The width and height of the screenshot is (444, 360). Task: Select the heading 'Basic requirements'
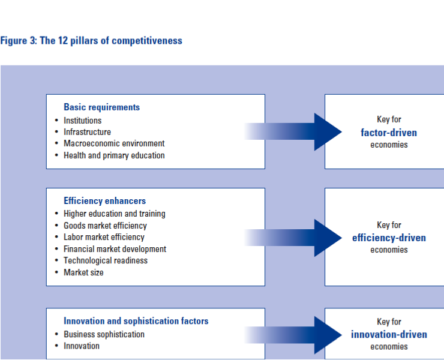pyautogui.click(x=101, y=107)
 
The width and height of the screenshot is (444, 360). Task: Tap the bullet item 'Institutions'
pyautogui.click(x=82, y=121)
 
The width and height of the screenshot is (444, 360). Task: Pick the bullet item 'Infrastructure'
pyautogui.click(x=87, y=132)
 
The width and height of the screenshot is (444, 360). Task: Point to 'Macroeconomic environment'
pyautogui.click(x=114, y=143)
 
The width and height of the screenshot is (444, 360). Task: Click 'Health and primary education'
pyautogui.click(x=114, y=155)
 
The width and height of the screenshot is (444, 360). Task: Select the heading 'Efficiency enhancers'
pyautogui.click(x=104, y=201)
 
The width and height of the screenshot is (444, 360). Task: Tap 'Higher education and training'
pyautogui.click(x=114, y=214)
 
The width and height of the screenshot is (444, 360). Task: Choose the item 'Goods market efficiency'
pyautogui.click(x=105, y=226)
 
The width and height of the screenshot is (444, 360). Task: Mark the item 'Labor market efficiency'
pyautogui.click(x=104, y=237)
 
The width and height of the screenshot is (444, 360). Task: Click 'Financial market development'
pyautogui.click(x=115, y=249)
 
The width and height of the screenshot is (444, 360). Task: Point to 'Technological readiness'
pyautogui.click(x=106, y=260)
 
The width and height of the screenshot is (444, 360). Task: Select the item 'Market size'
pyautogui.click(x=83, y=272)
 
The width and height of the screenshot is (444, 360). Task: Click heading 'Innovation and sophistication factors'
pyautogui.click(x=136, y=321)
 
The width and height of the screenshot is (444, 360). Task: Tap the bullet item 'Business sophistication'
pyautogui.click(x=104, y=334)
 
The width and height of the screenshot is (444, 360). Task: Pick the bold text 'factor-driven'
pyautogui.click(x=389, y=132)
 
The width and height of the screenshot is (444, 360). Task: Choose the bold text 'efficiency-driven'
pyautogui.click(x=389, y=238)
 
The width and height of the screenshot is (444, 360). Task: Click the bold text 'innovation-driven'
pyautogui.click(x=389, y=334)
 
